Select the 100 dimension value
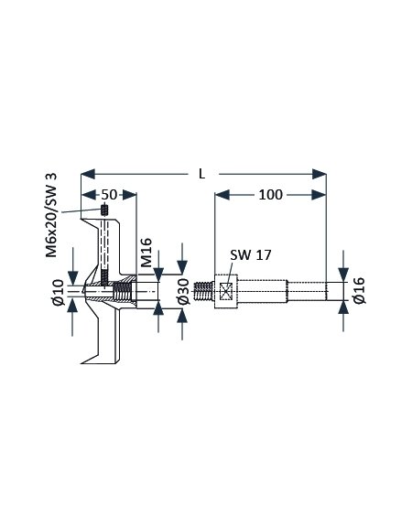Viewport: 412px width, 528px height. pyautogui.click(x=270, y=194)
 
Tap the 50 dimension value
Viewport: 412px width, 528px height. pyautogui.click(x=108, y=194)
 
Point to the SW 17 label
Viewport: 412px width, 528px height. pyautogui.click(x=251, y=255)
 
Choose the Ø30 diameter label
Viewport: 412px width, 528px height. pyautogui.click(x=183, y=292)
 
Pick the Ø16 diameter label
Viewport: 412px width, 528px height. pyautogui.click(x=359, y=290)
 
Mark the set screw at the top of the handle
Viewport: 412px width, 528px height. pyautogui.click(x=105, y=213)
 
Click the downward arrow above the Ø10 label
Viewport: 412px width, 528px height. pyautogui.click(x=74, y=278)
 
